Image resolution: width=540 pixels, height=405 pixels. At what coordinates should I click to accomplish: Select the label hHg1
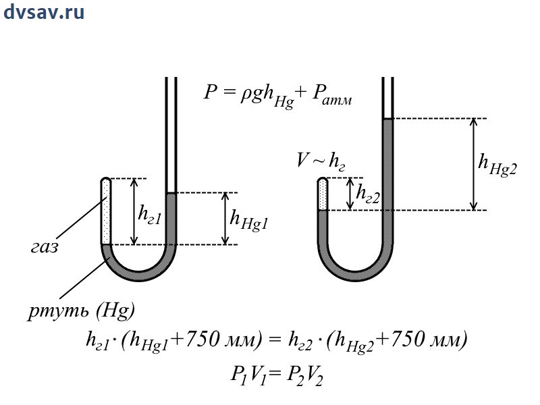pyautogui.click(x=249, y=219)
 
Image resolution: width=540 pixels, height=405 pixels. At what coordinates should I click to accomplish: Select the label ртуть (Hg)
pyautogui.click(x=82, y=310)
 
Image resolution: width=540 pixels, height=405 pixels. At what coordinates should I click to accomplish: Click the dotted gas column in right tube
pyautogui.click(x=323, y=194)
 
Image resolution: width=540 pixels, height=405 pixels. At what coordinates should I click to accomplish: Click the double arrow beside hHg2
pyautogui.click(x=474, y=164)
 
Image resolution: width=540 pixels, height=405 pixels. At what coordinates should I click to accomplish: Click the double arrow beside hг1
pyautogui.click(x=134, y=211)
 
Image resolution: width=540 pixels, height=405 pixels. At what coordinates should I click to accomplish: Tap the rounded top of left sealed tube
pyautogui.click(x=106, y=181)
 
